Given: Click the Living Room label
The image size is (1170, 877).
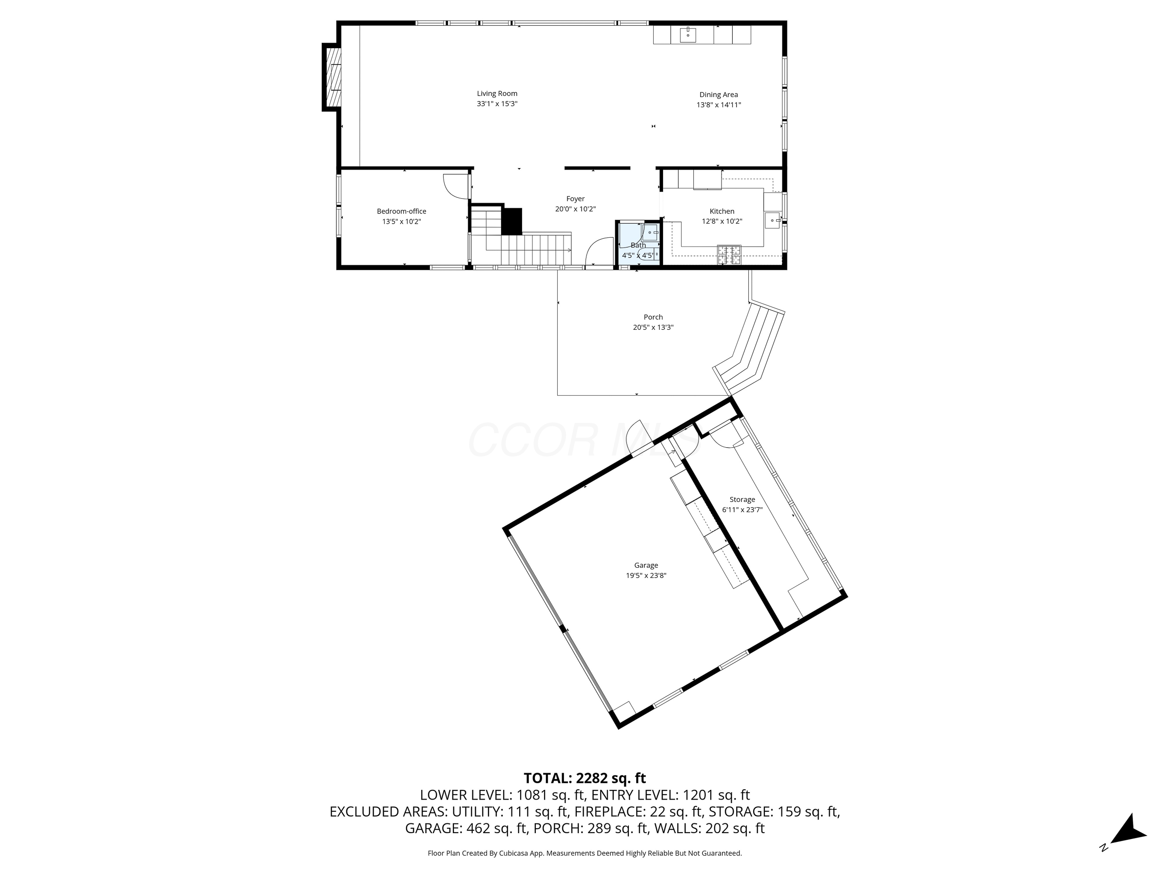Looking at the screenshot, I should click(497, 94).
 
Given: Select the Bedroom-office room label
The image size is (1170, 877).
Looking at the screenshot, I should click(402, 211).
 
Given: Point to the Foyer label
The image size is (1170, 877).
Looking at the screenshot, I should click(575, 199).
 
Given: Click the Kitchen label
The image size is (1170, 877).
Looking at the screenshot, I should click(721, 211).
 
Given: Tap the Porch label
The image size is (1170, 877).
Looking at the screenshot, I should click(653, 317).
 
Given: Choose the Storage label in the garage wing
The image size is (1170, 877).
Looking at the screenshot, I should click(742, 499).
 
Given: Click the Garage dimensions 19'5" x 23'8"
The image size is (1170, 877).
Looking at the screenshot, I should click(646, 576).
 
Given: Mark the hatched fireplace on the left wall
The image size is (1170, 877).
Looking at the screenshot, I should click(332, 77).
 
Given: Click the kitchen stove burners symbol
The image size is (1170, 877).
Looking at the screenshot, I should click(729, 255).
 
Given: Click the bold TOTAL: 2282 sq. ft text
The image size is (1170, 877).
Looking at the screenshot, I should click(585, 778).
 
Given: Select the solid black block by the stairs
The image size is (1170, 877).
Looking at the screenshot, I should click(511, 222).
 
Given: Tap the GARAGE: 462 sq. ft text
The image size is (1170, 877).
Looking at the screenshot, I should click(467, 828).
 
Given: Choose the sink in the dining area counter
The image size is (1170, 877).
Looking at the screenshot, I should click(687, 36).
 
